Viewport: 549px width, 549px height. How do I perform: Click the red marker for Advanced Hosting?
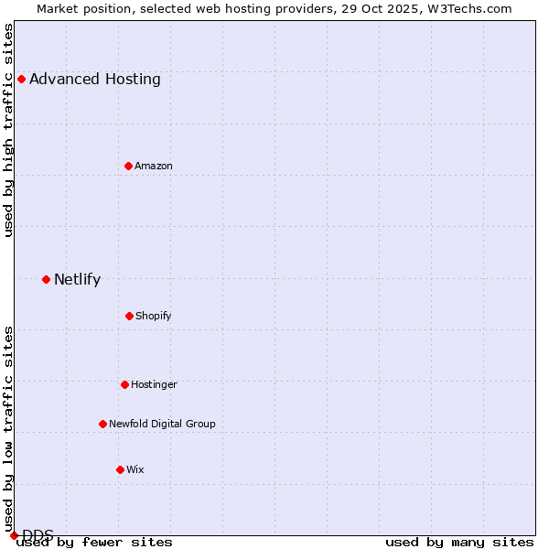coord(21,79)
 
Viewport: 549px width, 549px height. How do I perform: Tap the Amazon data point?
coord(128,166)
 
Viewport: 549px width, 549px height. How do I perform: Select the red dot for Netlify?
coord(46,279)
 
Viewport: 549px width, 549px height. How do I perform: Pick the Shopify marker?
coord(129,316)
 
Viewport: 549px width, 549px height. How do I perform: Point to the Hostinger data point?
coord(124,384)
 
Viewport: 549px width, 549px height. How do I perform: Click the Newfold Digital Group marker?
coord(102,424)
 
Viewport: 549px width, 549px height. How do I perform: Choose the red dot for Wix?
coord(120,469)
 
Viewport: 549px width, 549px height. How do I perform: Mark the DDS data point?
coord(14,535)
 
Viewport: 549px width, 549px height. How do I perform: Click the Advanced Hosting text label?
coord(95,79)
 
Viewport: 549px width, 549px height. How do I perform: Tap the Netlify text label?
coord(77,279)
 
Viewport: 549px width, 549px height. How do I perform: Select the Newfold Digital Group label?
coord(162,424)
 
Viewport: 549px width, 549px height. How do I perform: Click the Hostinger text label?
coord(154,384)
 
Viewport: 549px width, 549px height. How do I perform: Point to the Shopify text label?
coord(153,316)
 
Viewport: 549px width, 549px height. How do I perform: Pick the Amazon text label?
coord(153,166)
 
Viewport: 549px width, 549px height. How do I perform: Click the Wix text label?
coord(135,469)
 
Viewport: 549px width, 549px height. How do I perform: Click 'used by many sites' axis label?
coord(459,542)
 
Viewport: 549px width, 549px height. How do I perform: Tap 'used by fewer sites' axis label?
coord(95,542)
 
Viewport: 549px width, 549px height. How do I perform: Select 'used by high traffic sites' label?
coord(8,130)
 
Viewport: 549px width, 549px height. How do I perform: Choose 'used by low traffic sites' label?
coord(8,428)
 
